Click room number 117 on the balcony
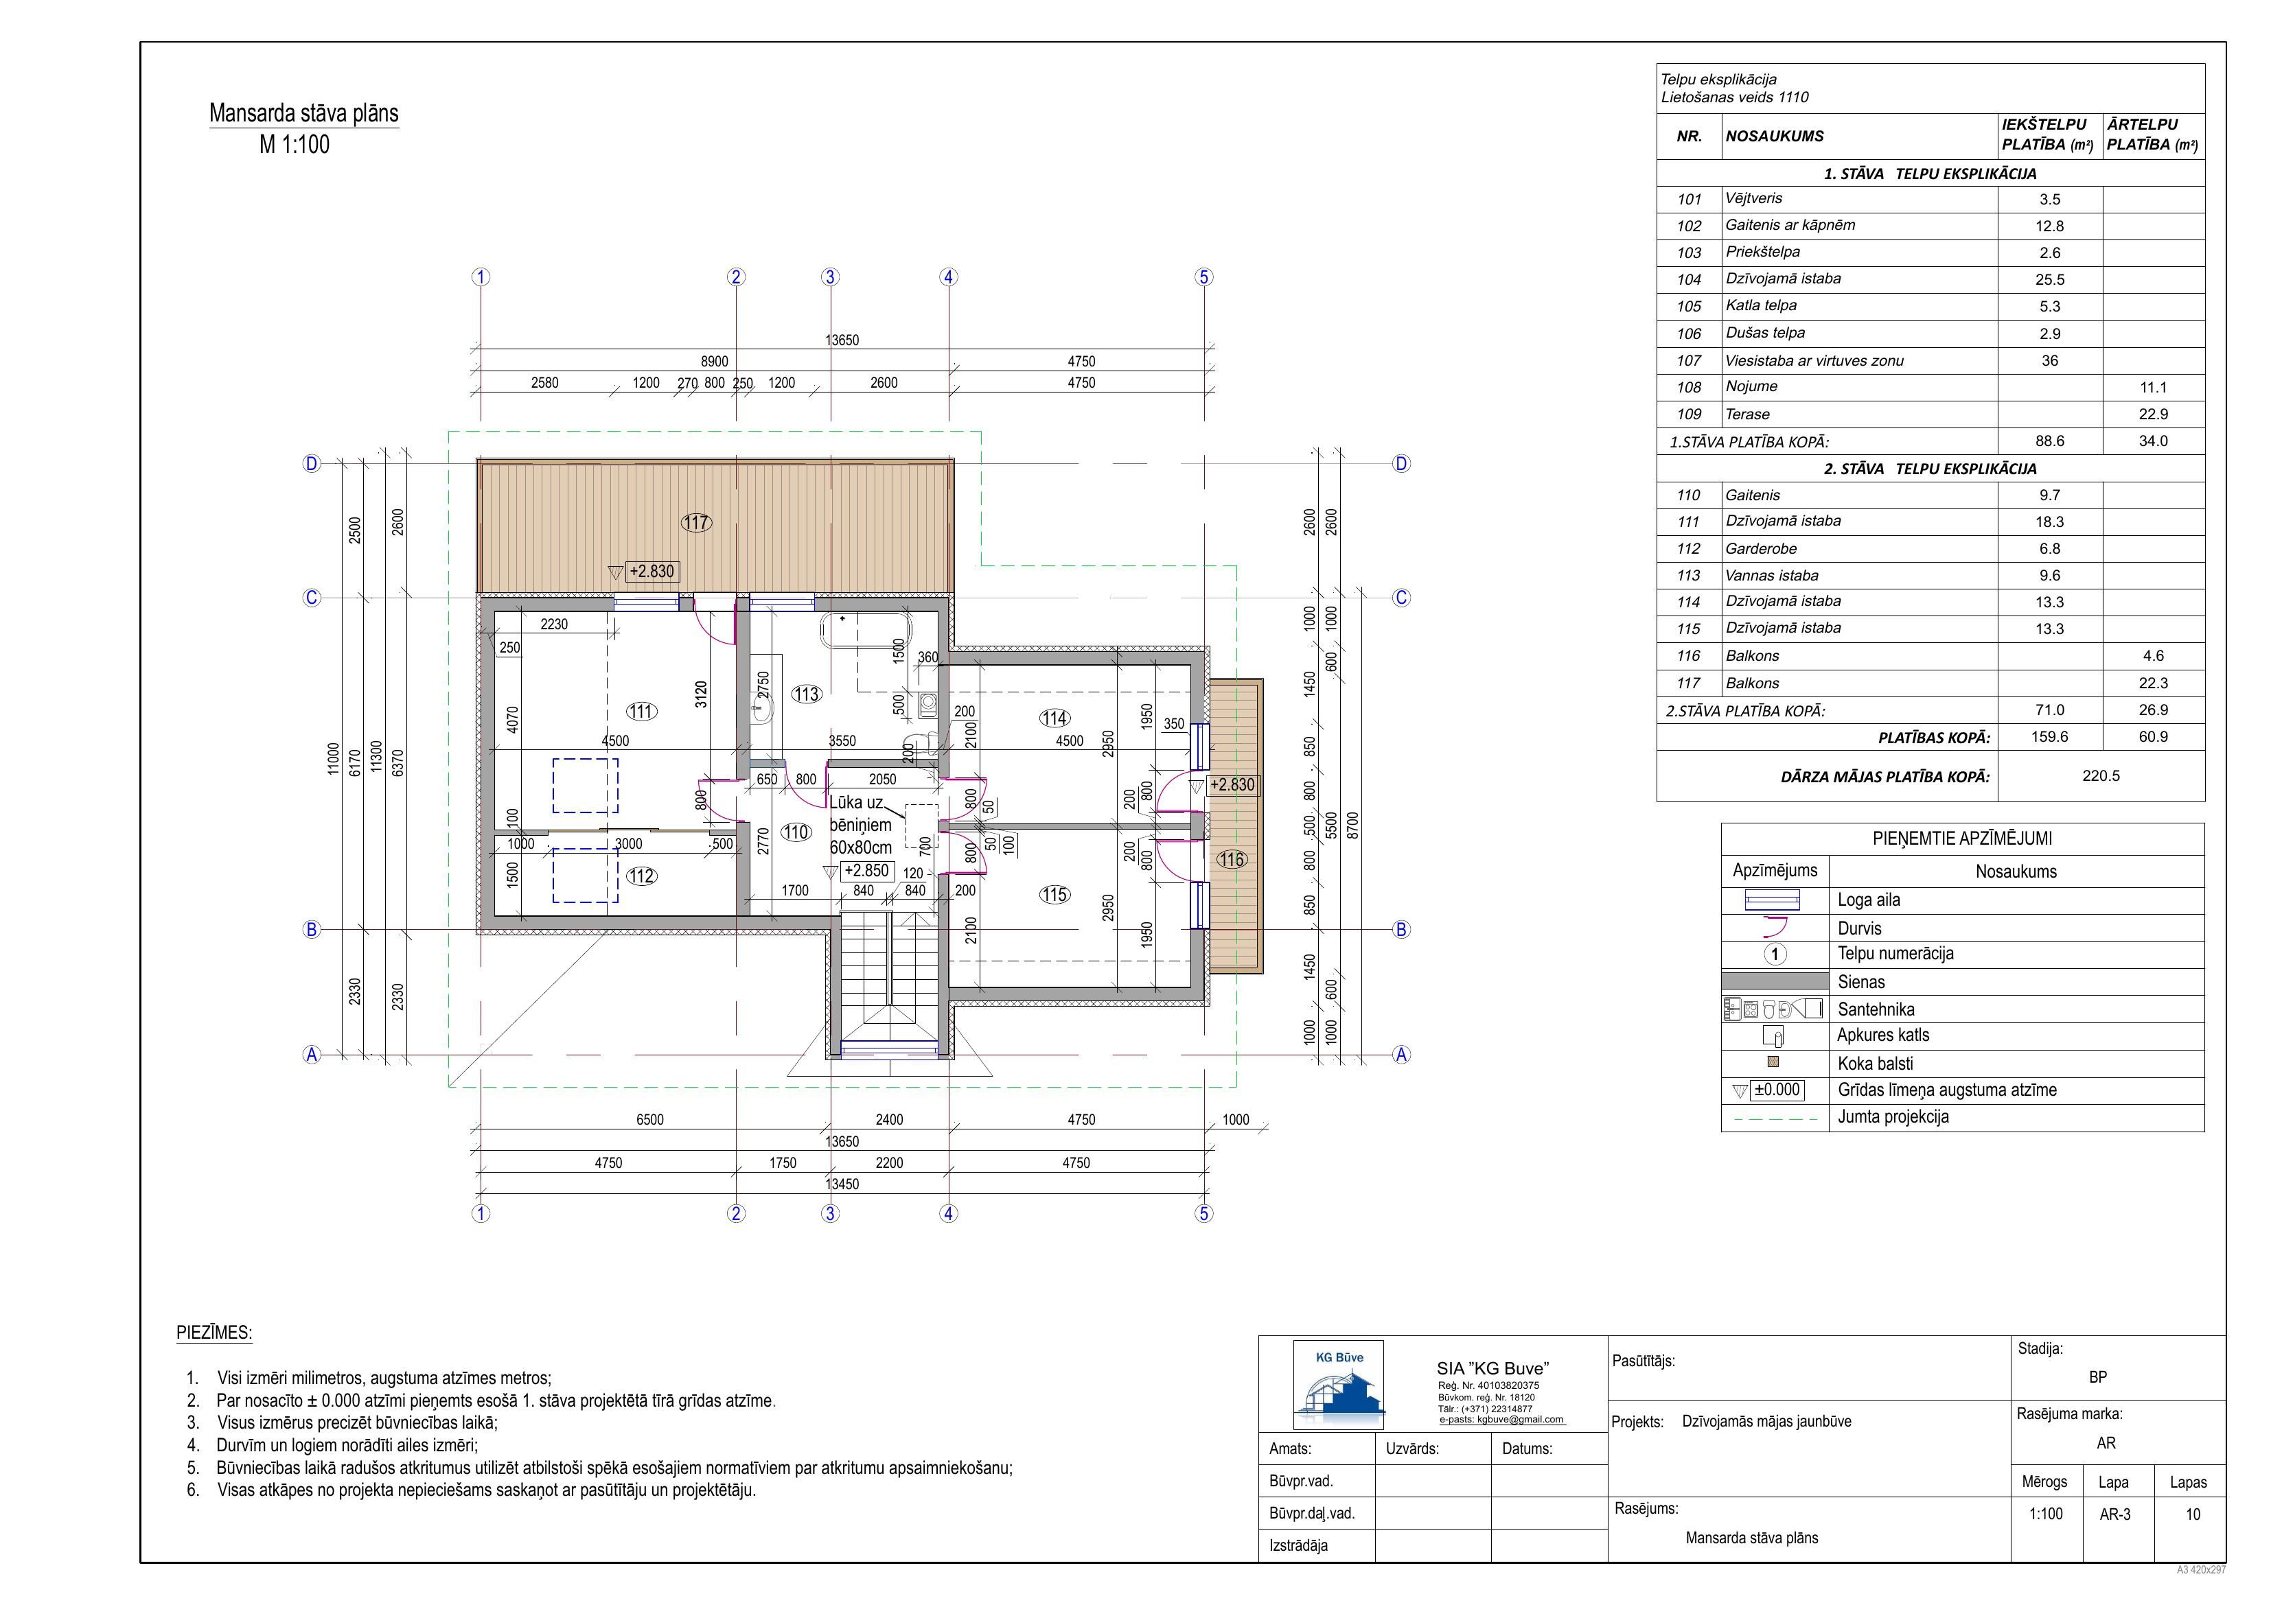696,522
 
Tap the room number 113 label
806,694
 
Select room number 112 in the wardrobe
642,876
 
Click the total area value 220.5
2101,776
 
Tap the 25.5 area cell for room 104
2049,280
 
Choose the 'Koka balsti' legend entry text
1876,1064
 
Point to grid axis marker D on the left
312,464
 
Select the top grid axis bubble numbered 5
1203,277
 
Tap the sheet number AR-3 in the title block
2114,1514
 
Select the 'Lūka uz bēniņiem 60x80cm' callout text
860,825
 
